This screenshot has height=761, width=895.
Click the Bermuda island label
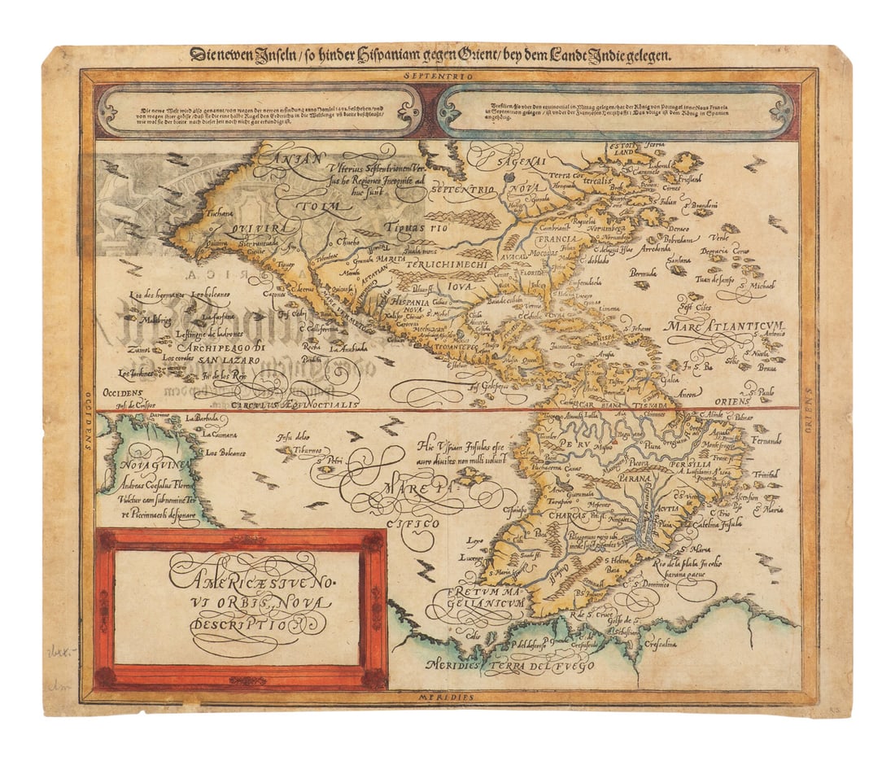tap(643, 274)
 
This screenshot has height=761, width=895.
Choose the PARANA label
tap(645, 479)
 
